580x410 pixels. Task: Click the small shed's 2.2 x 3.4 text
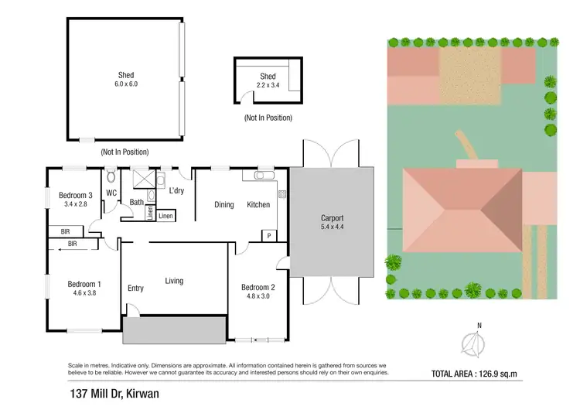pyautogui.click(x=268, y=85)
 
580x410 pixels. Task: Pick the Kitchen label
pyautogui.click(x=258, y=205)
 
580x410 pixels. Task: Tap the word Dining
pyautogui.click(x=224, y=205)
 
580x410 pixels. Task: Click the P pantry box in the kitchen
pyautogui.click(x=269, y=235)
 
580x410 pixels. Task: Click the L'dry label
pyautogui.click(x=176, y=191)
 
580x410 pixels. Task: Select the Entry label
pyautogui.click(x=135, y=289)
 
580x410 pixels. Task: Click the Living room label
pyautogui.click(x=174, y=280)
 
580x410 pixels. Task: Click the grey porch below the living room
pyautogui.click(x=174, y=329)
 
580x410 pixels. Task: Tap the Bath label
pyautogui.click(x=137, y=203)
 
